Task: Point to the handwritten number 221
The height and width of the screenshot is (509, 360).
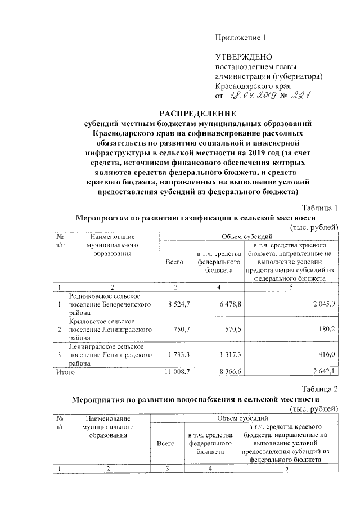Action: pyautogui.click(x=304, y=96)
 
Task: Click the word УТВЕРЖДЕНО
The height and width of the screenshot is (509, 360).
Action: pyautogui.click(x=244, y=57)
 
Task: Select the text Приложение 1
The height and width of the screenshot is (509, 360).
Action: pyautogui.click(x=240, y=38)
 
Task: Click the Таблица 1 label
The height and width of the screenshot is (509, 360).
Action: pyautogui.click(x=319, y=208)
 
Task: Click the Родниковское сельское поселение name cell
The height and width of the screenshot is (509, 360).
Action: pyautogui.click(x=110, y=304)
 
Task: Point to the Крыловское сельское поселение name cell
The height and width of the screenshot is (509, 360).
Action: pyautogui.click(x=110, y=330)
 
